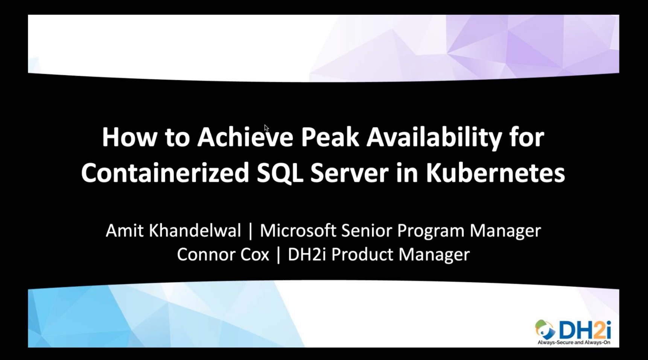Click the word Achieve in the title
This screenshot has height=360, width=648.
coord(245,137)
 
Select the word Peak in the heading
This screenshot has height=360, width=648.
coord(329,137)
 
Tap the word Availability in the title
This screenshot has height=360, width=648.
coord(434,137)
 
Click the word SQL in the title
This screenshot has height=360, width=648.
coord(280,173)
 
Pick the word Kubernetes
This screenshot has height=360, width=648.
coord(495,173)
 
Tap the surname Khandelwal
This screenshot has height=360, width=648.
coord(195,230)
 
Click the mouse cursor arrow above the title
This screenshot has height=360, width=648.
coord(266,128)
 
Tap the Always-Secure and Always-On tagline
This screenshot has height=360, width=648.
coord(573,343)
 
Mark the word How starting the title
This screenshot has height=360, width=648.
coord(129,137)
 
